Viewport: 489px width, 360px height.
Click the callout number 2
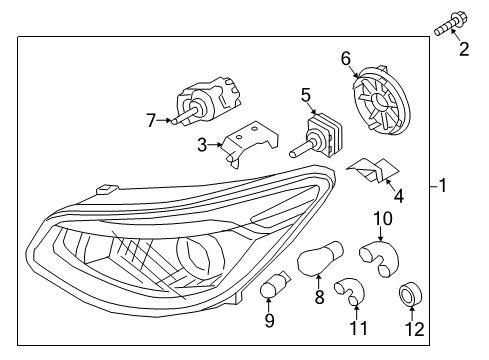click(x=464, y=49)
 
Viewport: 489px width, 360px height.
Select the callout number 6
click(x=346, y=59)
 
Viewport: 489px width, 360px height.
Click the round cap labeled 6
click(x=381, y=99)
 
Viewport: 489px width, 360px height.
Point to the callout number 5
click(x=306, y=95)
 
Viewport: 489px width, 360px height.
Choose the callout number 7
click(x=151, y=120)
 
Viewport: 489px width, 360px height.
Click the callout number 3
click(x=202, y=145)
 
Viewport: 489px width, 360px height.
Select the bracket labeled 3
click(x=251, y=143)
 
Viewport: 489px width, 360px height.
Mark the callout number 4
click(x=398, y=196)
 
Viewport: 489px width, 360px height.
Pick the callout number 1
click(x=442, y=185)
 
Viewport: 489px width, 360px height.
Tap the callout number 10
click(x=383, y=219)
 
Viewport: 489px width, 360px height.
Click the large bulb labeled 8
click(x=320, y=258)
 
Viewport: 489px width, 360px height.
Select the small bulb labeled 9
click(x=275, y=284)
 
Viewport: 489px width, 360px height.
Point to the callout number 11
click(x=358, y=328)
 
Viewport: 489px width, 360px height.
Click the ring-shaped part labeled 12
click(x=411, y=294)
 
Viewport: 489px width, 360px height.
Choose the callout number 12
click(x=414, y=329)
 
